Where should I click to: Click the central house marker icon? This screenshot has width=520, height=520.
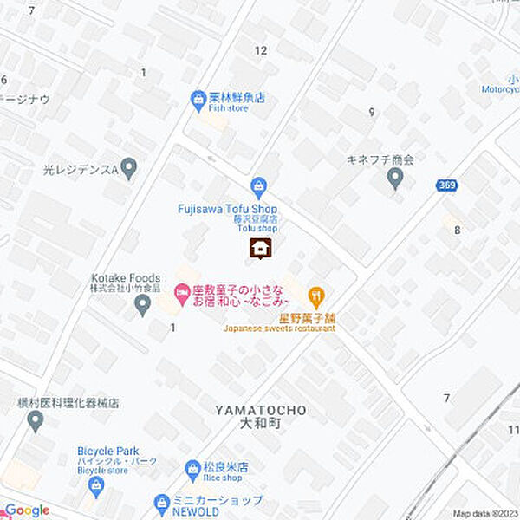[259, 250]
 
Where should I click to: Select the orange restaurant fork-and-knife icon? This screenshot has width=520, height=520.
[317, 297]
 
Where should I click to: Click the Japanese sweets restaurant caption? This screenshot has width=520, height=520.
[279, 328]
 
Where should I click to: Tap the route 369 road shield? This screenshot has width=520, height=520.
[446, 185]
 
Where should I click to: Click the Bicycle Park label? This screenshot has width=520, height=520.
[108, 451]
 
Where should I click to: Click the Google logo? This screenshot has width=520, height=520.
[26, 510]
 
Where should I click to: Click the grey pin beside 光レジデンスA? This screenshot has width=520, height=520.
[129, 167]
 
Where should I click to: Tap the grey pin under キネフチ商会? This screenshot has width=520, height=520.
[395, 179]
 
